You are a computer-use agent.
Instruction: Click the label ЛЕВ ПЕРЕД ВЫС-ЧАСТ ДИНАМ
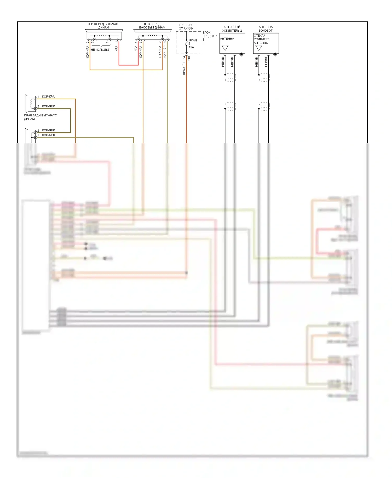[103, 26]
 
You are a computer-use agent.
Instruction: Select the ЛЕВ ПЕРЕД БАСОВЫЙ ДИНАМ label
[152, 26]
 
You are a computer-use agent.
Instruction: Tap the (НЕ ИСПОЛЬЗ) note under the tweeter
[100, 50]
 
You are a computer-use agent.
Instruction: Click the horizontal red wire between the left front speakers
[128, 65]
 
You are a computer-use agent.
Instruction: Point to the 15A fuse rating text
[191, 47]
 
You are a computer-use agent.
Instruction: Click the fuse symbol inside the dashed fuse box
[186, 43]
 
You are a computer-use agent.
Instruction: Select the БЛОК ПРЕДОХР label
[209, 36]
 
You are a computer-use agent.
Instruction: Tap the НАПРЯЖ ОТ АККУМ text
[186, 27]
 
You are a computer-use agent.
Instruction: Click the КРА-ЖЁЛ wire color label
[184, 68]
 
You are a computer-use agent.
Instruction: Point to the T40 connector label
[189, 59]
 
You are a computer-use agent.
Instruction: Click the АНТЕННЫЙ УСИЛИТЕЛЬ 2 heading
[232, 29]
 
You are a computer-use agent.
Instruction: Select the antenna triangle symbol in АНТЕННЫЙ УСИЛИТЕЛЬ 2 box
[225, 48]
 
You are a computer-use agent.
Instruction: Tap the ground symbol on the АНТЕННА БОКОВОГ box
[275, 54]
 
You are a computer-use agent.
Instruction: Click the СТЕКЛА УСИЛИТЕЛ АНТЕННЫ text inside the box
[261, 39]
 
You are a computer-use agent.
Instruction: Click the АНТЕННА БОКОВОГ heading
[266, 29]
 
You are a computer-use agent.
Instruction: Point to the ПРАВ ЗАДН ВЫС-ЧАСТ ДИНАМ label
[40, 117]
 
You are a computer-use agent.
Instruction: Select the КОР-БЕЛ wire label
[48, 135]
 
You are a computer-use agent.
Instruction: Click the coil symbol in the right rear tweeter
[33, 103]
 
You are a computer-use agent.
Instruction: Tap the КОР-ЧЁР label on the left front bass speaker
[165, 52]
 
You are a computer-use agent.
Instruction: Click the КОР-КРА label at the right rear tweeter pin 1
[48, 97]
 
